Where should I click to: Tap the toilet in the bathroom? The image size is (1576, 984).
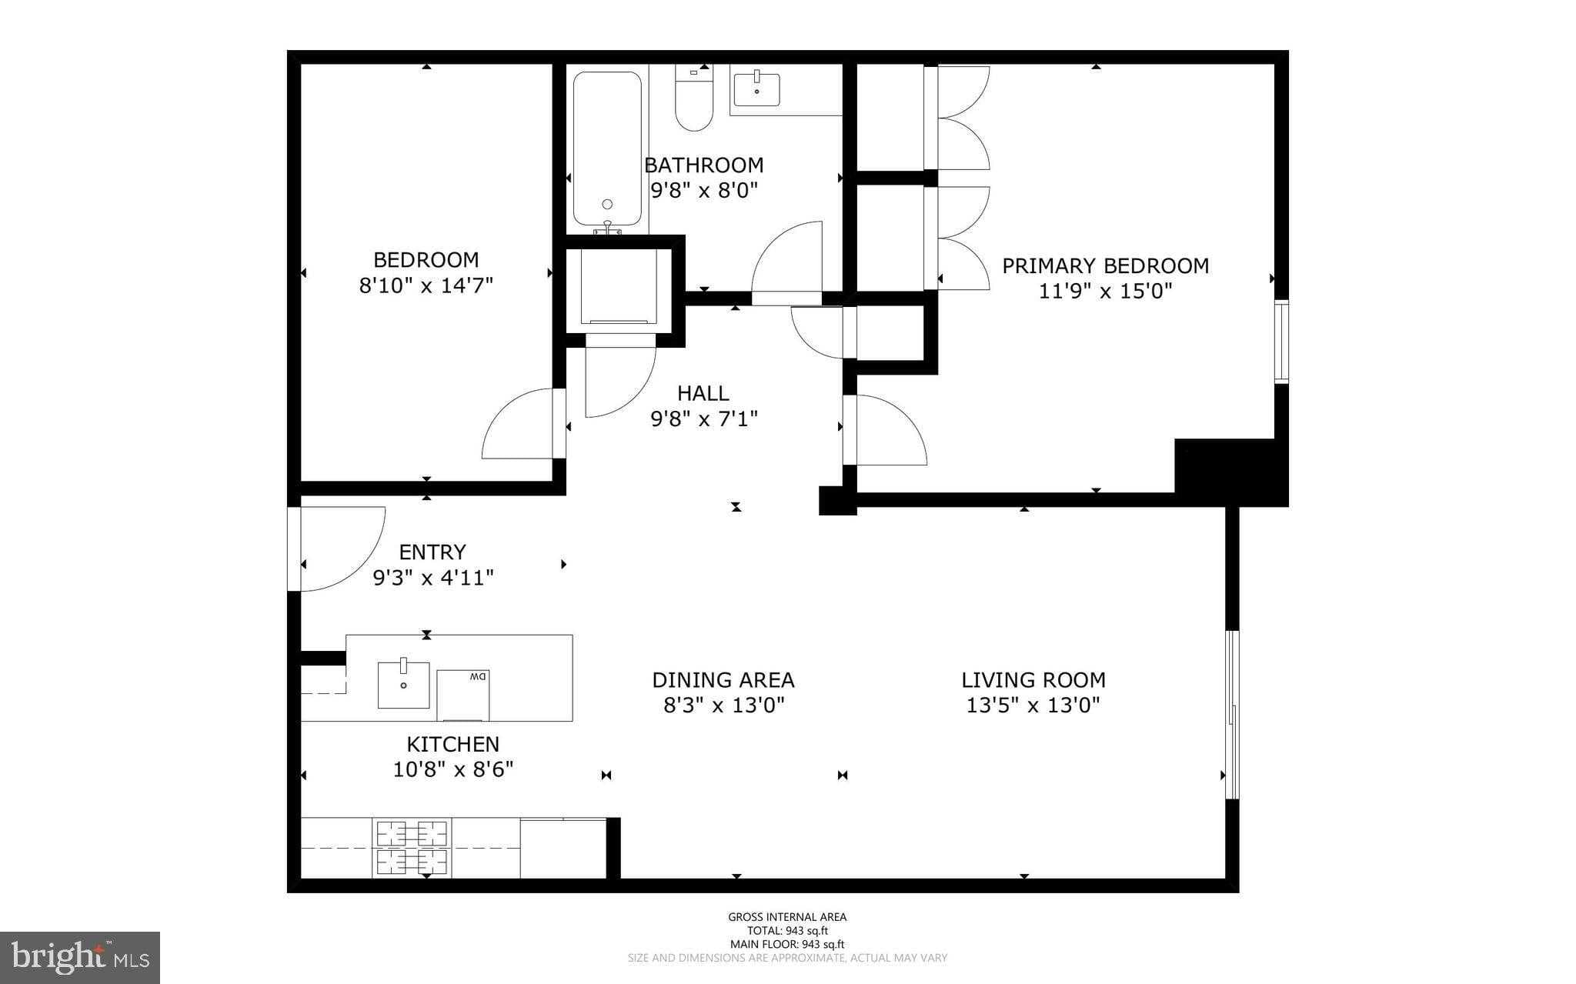click(694, 100)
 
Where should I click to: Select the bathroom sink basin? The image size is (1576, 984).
click(756, 90)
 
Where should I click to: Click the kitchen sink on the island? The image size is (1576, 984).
click(403, 685)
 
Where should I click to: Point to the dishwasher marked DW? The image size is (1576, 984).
click(463, 695)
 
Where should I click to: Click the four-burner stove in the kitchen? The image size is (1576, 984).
click(412, 848)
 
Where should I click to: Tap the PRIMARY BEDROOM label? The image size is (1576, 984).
click(1105, 266)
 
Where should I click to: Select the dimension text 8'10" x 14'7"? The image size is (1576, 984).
click(426, 285)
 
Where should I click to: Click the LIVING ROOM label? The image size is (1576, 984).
click(1033, 680)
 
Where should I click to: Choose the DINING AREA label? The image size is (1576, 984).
click(723, 680)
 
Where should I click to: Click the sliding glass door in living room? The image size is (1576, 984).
click(1233, 715)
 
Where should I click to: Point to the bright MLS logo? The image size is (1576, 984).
click(80, 956)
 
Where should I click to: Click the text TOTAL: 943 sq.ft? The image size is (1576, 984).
click(787, 930)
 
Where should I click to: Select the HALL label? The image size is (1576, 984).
click(703, 394)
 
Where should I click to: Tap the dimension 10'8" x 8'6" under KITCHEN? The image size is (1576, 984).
click(453, 769)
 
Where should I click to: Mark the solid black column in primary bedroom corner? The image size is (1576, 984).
click(1229, 471)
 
